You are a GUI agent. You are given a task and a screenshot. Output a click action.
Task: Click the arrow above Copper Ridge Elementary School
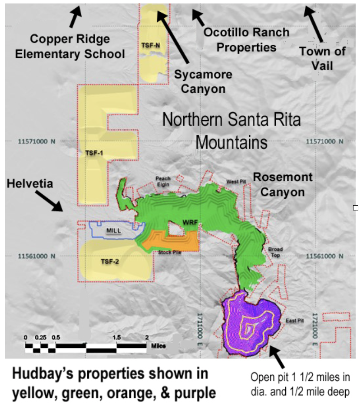click(75, 16)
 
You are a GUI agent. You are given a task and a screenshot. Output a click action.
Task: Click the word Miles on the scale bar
click(158, 347)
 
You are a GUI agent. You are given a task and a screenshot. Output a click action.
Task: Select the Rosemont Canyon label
click(282, 184)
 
